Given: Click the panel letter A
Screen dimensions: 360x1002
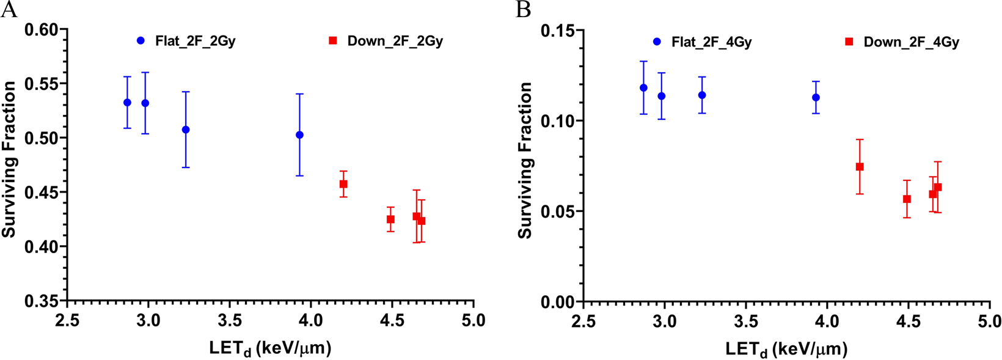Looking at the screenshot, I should [9, 10].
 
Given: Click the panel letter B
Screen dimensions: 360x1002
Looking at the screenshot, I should [523, 10].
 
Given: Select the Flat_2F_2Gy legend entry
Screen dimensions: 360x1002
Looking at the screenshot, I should [186, 42].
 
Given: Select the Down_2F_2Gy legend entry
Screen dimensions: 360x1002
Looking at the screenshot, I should [387, 42].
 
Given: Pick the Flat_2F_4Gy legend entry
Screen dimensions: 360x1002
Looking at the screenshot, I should [703, 42].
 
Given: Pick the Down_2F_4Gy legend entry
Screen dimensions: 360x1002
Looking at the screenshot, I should [903, 42].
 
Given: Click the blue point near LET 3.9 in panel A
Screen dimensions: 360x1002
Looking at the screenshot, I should [299, 135].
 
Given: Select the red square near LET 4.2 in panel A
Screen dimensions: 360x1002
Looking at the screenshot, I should [343, 184].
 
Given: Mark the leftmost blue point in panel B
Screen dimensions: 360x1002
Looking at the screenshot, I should [643, 88].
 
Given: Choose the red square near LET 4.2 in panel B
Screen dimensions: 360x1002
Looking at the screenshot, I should [860, 167].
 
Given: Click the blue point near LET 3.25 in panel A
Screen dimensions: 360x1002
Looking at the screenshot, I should [186, 130].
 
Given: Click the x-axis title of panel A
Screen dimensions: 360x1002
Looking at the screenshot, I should [270, 348].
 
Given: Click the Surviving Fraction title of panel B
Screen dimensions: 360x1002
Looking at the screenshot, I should [525, 160].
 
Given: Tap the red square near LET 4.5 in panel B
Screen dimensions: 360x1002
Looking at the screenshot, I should [907, 199].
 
